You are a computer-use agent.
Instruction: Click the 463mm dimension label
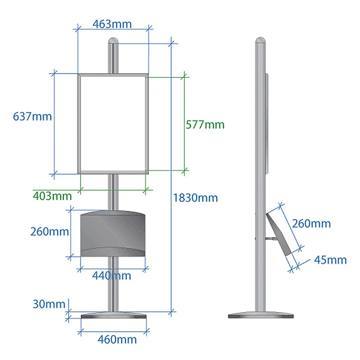pyautogui.click(x=112, y=24)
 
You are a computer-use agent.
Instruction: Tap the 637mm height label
pyautogui.click(x=32, y=116)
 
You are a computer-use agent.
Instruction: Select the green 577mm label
pyautogui.click(x=205, y=125)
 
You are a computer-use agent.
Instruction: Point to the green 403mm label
pyautogui.click(x=52, y=196)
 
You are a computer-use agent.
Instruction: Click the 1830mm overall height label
pyautogui.click(x=195, y=198)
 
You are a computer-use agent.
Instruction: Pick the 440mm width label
pyautogui.click(x=112, y=275)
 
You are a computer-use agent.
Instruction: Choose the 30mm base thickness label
pyautogui.click(x=49, y=304)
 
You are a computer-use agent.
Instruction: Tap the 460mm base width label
pyautogui.click(x=117, y=339)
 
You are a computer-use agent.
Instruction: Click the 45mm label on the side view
pyautogui.click(x=330, y=260)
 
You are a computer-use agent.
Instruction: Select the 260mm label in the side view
pyautogui.click(x=311, y=224)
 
